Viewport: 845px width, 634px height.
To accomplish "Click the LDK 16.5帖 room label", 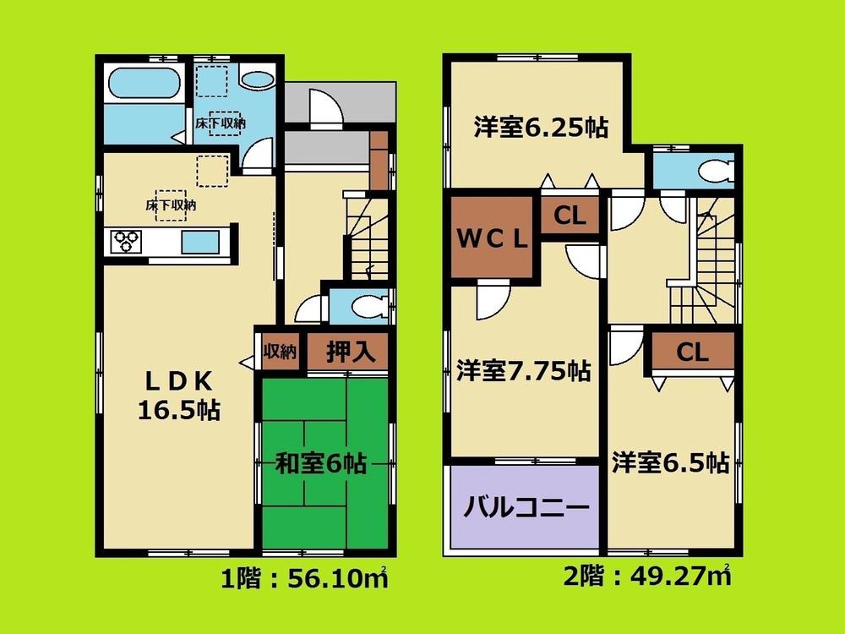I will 179,394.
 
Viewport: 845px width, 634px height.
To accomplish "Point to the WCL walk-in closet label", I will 493,238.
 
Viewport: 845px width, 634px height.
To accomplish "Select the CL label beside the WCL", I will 570,216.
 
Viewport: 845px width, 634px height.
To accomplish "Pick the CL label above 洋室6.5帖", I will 692,353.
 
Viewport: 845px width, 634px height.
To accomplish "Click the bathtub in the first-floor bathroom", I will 144,85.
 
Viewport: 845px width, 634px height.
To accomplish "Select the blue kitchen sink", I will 201,241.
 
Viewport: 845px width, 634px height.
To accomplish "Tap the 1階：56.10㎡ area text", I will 304,581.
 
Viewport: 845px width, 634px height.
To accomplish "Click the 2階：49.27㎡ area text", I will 646,579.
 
